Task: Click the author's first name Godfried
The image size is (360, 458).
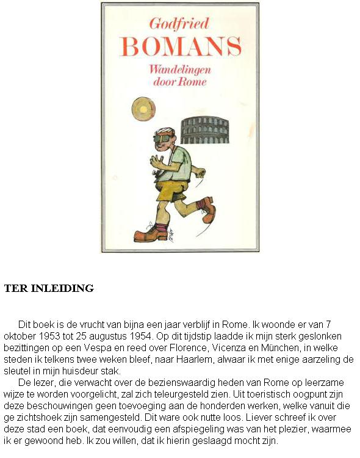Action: point(179,24)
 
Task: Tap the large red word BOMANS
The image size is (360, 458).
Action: point(181,47)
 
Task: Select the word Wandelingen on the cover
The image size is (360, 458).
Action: point(180,69)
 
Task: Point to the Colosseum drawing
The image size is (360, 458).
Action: point(204,129)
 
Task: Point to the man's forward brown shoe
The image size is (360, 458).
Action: point(146,234)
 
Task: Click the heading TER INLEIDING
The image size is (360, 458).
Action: point(49,288)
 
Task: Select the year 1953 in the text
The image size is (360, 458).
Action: point(62,336)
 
